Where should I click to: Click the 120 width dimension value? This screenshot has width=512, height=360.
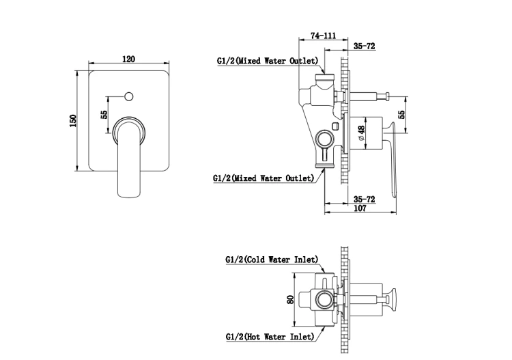[128, 59]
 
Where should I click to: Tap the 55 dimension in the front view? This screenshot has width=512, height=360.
[104, 114]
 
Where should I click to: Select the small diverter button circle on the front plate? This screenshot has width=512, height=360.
[129, 97]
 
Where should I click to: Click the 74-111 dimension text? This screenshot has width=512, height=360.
[323, 36]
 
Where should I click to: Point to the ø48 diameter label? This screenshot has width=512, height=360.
[361, 133]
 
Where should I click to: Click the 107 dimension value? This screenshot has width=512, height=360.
[360, 208]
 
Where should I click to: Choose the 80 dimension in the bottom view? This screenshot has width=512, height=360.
[290, 299]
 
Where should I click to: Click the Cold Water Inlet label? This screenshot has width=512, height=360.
[272, 260]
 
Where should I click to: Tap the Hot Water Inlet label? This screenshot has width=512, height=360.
[270, 337]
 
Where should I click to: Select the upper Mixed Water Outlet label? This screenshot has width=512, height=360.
[268, 61]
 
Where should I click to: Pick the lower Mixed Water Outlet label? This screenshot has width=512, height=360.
[264, 178]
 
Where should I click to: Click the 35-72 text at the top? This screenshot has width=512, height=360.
[365, 46]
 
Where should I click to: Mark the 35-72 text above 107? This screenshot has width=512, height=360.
[365, 199]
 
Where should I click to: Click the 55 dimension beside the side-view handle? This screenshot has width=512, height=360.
[401, 114]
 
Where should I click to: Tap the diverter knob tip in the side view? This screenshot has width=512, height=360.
[387, 97]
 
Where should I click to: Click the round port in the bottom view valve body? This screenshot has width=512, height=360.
[324, 300]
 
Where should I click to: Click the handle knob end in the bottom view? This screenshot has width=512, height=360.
[391, 299]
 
